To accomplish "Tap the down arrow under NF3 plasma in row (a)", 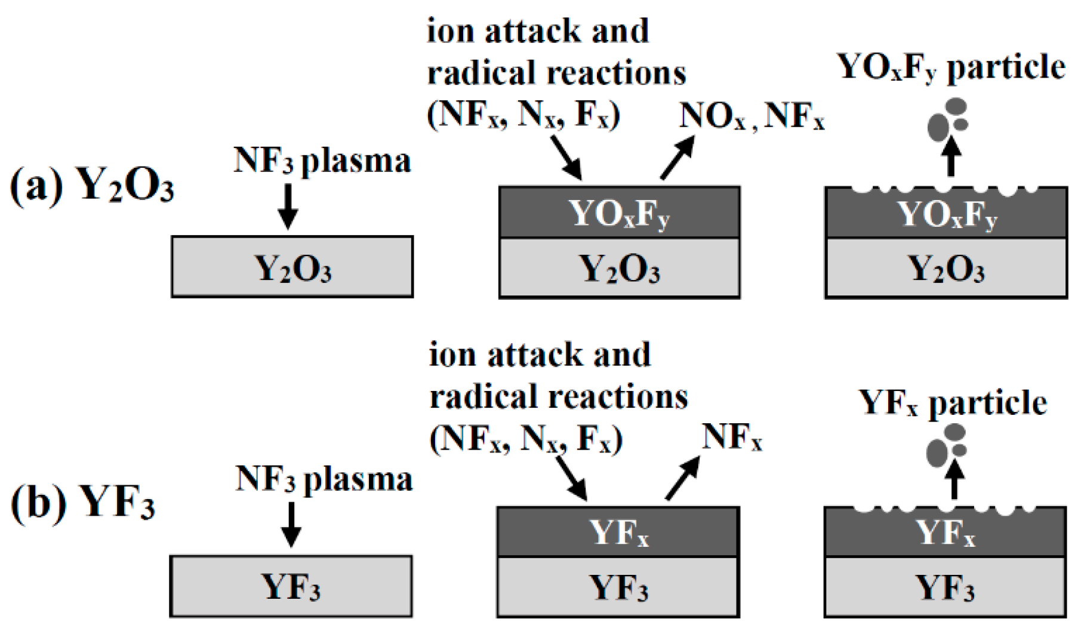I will [x=288, y=207].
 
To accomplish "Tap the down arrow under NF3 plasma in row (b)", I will [x=291, y=524].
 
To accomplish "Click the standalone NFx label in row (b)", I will [x=732, y=438].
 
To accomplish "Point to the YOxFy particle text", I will [x=951, y=67].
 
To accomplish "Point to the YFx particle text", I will [x=953, y=403].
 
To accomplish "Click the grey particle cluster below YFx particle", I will [x=946, y=445].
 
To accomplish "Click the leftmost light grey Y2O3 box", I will [x=292, y=267].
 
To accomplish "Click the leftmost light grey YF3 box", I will [x=291, y=586].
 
